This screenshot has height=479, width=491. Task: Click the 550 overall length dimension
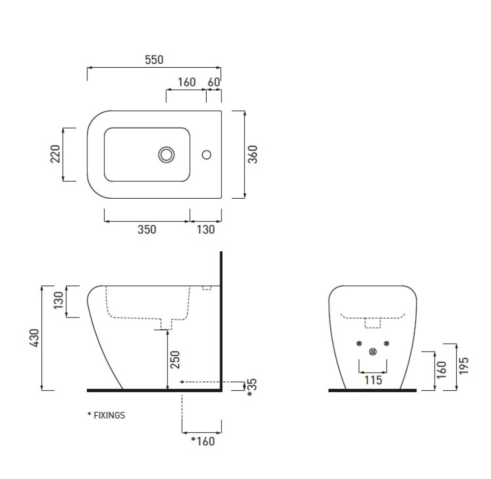(154, 60)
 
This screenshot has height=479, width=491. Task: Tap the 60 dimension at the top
(214, 82)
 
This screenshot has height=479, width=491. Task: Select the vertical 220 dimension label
(55, 154)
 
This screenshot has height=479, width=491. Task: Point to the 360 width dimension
(252, 154)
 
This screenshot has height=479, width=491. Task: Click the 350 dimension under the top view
(147, 230)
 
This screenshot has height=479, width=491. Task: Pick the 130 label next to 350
(206, 230)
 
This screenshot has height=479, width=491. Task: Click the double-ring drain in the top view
(166, 155)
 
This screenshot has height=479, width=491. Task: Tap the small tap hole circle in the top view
(206, 155)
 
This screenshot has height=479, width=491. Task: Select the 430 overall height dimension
(34, 338)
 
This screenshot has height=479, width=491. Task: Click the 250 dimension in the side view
(175, 360)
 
